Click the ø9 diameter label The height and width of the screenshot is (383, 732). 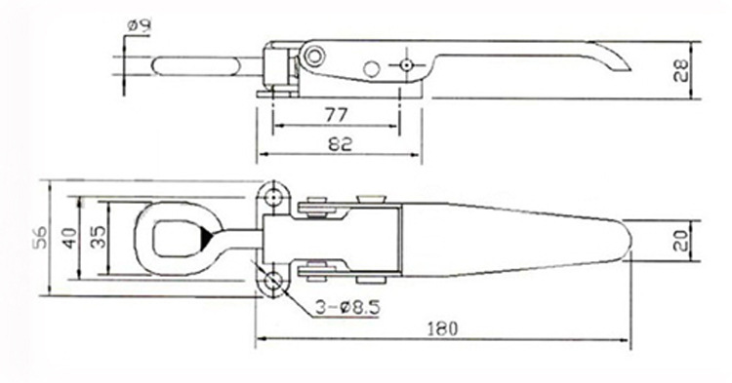[x=140, y=26]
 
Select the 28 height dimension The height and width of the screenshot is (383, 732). [x=683, y=70]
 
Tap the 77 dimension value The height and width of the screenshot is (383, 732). [x=336, y=115]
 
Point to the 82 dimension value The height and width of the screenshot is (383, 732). [x=340, y=144]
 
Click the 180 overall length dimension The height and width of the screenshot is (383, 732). [x=442, y=329]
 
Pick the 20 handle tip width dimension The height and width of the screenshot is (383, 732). [x=683, y=241]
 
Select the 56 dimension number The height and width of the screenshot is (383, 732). [x=41, y=237]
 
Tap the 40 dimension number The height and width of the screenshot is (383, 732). [x=70, y=238]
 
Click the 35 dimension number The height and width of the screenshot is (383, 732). [x=98, y=237]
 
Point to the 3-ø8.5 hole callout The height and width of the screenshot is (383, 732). [x=347, y=307]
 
